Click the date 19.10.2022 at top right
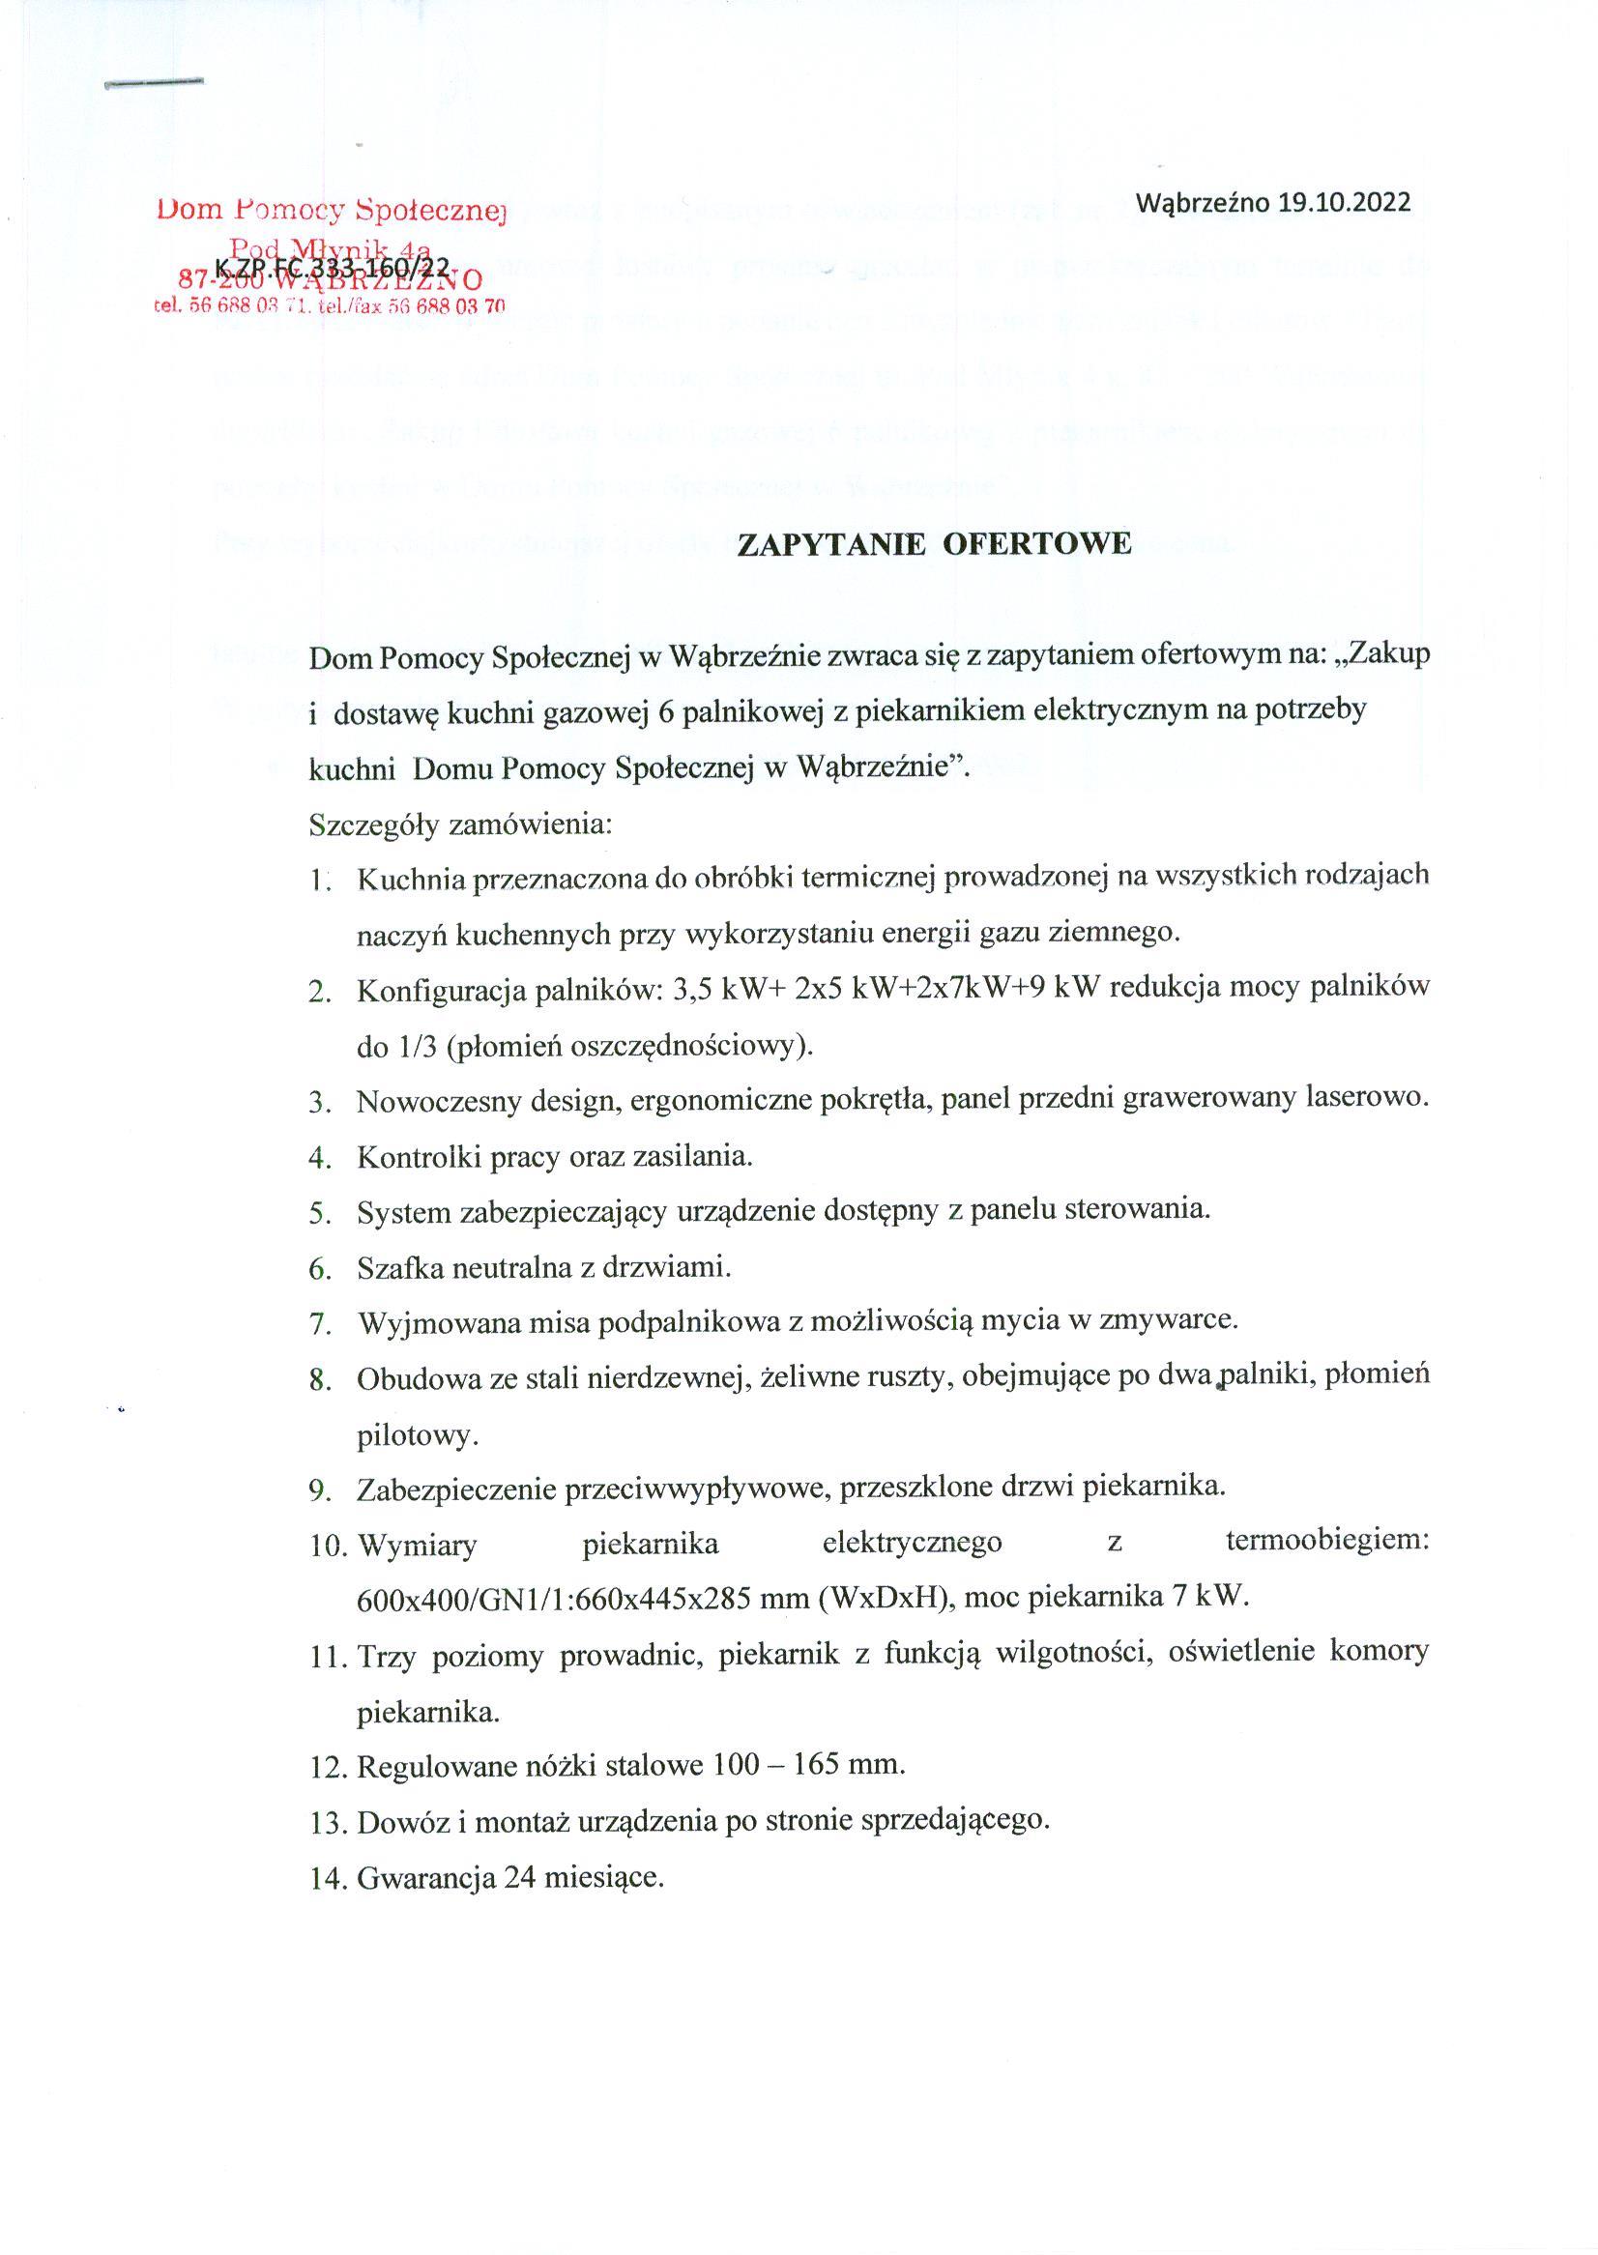point(1344,203)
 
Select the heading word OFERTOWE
point(1037,544)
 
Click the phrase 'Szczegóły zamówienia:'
point(460,824)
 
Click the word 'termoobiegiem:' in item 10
point(1326,1542)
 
